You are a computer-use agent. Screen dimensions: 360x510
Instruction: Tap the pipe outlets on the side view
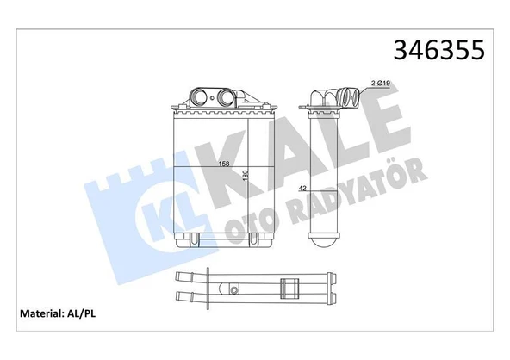point(344,96)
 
